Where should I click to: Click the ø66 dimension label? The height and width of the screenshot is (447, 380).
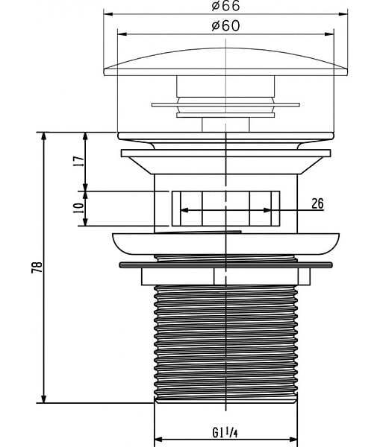click(225, 6)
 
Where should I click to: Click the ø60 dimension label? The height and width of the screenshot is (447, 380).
click(225, 26)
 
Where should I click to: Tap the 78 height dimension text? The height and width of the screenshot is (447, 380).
click(37, 267)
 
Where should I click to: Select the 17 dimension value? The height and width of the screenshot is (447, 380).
click(80, 162)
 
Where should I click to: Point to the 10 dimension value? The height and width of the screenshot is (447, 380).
click(79, 208)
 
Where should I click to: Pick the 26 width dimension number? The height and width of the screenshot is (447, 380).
click(317, 203)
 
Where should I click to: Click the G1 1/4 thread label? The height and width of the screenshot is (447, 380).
click(225, 433)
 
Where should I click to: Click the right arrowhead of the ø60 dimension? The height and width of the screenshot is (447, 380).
click(329, 34)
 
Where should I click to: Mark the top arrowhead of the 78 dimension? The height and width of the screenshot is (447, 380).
click(43, 136)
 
